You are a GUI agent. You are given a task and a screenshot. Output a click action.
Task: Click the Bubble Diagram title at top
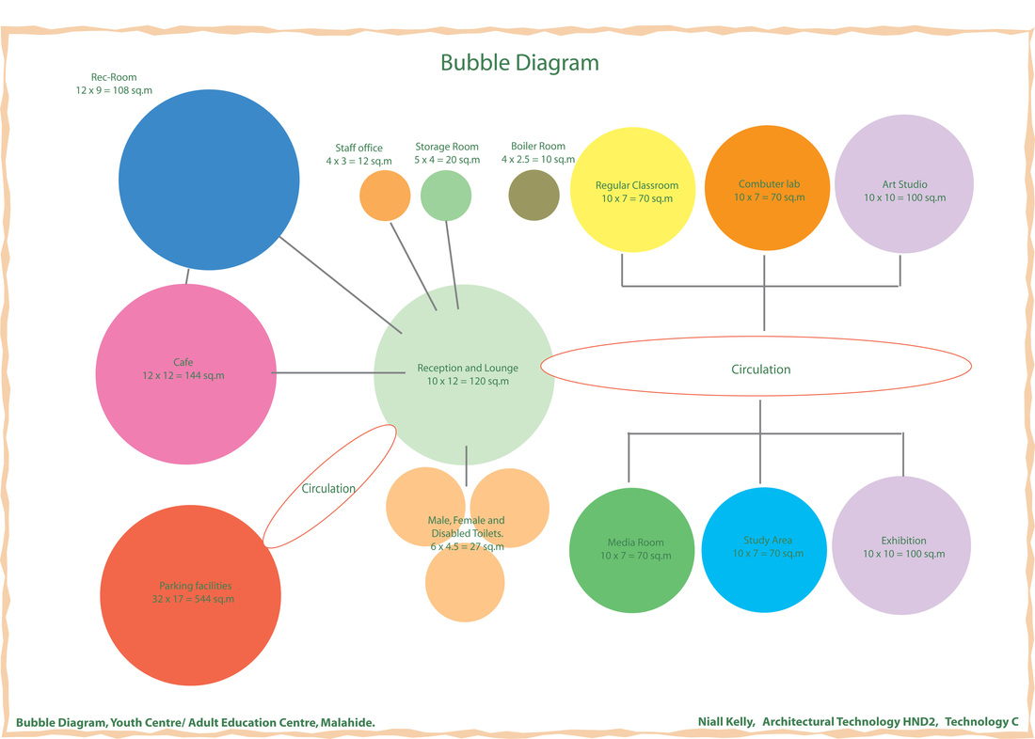click(519, 63)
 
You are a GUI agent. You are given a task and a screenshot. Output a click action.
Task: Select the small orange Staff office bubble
click(385, 197)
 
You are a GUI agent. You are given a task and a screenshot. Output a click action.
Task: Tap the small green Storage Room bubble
click(446, 196)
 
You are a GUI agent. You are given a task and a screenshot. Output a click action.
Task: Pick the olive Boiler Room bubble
click(533, 197)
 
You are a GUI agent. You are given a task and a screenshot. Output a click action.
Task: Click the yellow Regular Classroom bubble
click(637, 191)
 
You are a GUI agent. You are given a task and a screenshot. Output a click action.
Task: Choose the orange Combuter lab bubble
click(769, 191)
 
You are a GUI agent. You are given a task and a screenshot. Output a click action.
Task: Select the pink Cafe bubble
click(183, 374)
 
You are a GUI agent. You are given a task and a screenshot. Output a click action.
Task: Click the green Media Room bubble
click(636, 549)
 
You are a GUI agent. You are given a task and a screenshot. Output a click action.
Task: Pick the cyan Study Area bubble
click(767, 548)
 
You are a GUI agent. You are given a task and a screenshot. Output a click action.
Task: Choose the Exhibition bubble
click(902, 548)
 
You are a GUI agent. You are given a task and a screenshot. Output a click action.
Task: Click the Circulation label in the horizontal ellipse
click(760, 369)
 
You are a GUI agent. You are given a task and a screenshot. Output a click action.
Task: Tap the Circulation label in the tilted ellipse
click(328, 489)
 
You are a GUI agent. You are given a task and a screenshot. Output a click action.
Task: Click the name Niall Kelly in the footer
click(725, 722)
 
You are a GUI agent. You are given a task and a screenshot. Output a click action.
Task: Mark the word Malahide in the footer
click(347, 723)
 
